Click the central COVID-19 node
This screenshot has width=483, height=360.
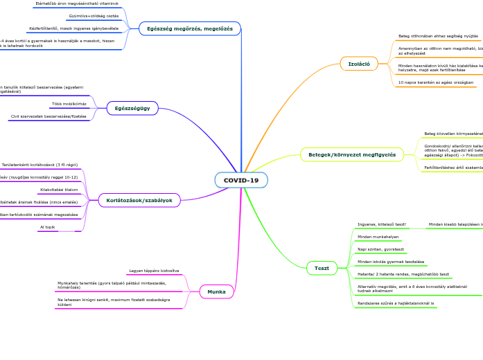(x=240, y=180)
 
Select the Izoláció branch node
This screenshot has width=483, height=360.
(x=358, y=64)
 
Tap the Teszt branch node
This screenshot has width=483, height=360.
(x=322, y=268)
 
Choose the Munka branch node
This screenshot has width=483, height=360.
(x=216, y=291)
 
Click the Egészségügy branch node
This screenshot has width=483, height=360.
(x=132, y=108)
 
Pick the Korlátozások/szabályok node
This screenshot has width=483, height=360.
(x=139, y=200)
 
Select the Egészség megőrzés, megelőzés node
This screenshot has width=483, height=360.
(x=190, y=28)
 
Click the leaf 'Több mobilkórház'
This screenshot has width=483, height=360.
(x=69, y=104)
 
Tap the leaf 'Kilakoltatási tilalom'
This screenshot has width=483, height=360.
(x=59, y=190)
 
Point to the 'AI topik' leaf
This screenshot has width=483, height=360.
(x=47, y=227)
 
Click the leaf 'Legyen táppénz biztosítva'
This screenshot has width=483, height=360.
(x=154, y=271)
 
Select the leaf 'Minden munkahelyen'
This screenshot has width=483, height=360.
(x=378, y=237)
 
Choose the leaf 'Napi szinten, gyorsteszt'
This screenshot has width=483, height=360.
(x=380, y=249)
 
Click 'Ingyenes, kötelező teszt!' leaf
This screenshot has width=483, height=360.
(x=382, y=224)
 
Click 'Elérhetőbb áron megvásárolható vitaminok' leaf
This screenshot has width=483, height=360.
(x=77, y=3)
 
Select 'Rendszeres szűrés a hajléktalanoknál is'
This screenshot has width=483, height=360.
(x=396, y=303)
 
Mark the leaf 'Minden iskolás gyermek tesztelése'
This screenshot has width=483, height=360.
(x=390, y=262)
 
